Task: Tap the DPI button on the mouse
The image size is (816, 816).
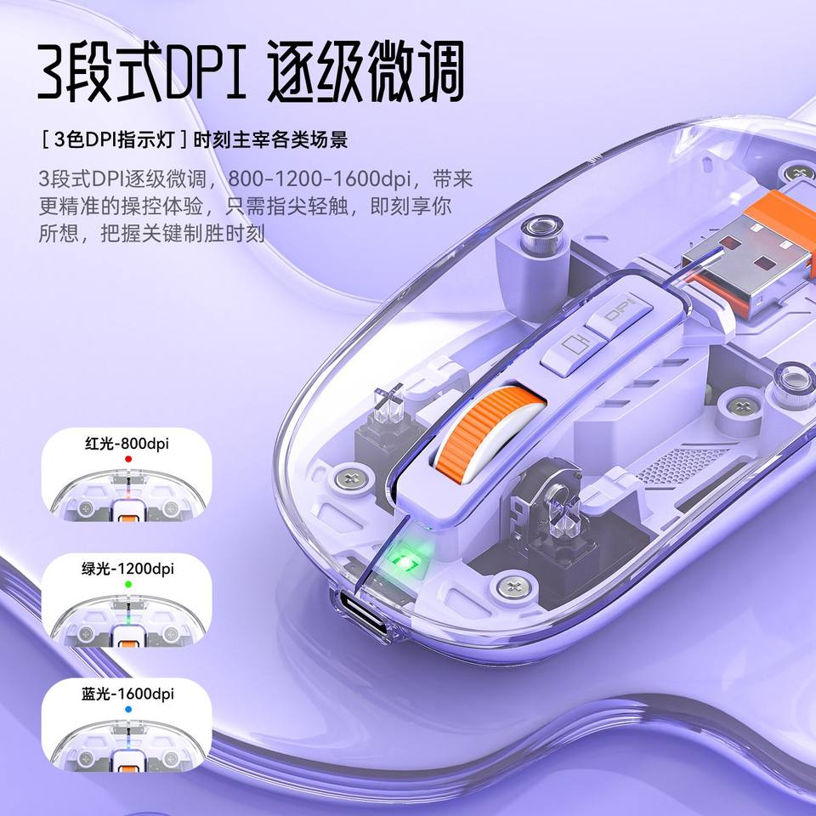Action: pyautogui.click(x=620, y=314)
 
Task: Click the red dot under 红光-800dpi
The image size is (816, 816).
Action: pyautogui.click(x=128, y=459)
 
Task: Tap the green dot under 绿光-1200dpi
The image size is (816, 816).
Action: pyautogui.click(x=128, y=584)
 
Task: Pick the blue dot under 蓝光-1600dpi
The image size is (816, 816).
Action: pyautogui.click(x=128, y=709)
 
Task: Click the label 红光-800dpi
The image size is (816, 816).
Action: pyautogui.click(x=127, y=444)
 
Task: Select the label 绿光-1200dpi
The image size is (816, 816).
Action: pyautogui.click(x=127, y=569)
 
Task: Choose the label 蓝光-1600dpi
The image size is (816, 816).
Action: pyautogui.click(x=127, y=694)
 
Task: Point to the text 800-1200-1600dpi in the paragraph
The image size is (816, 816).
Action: pyautogui.click(x=320, y=178)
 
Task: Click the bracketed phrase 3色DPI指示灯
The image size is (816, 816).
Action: pyautogui.click(x=114, y=140)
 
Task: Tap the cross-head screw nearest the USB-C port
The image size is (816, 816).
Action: pyautogui.click(x=514, y=586)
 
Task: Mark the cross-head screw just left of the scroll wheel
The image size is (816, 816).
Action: pyautogui.click(x=353, y=479)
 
